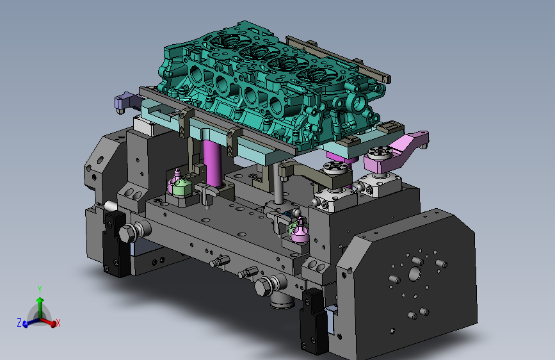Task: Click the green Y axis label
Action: [40, 290]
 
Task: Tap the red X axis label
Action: [58, 323]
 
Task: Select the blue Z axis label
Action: [19, 322]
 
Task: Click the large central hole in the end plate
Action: [414, 274]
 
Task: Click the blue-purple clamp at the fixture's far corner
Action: [125, 102]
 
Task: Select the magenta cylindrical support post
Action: [213, 163]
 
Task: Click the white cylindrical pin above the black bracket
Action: [111, 206]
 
